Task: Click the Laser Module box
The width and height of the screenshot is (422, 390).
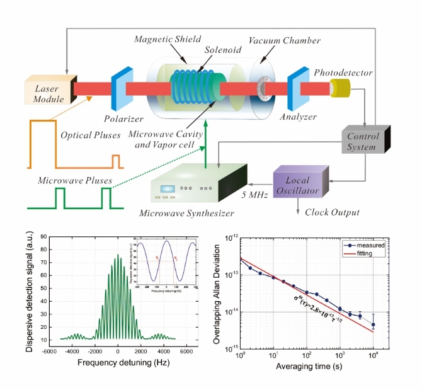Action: tap(49, 90)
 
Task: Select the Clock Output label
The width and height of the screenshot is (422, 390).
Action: tap(332, 212)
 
